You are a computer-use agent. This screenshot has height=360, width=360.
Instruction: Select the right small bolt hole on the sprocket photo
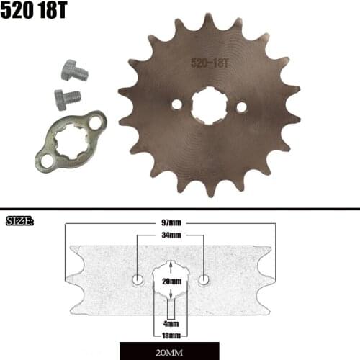click(241, 107)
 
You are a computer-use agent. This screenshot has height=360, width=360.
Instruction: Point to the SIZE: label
click(20, 220)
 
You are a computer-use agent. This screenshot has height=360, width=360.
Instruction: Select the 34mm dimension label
click(171, 235)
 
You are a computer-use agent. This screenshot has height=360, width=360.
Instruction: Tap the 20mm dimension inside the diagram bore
click(171, 282)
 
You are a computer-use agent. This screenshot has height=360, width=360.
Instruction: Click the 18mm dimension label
click(171, 335)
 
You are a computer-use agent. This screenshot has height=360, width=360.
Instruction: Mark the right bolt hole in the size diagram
click(204, 279)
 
